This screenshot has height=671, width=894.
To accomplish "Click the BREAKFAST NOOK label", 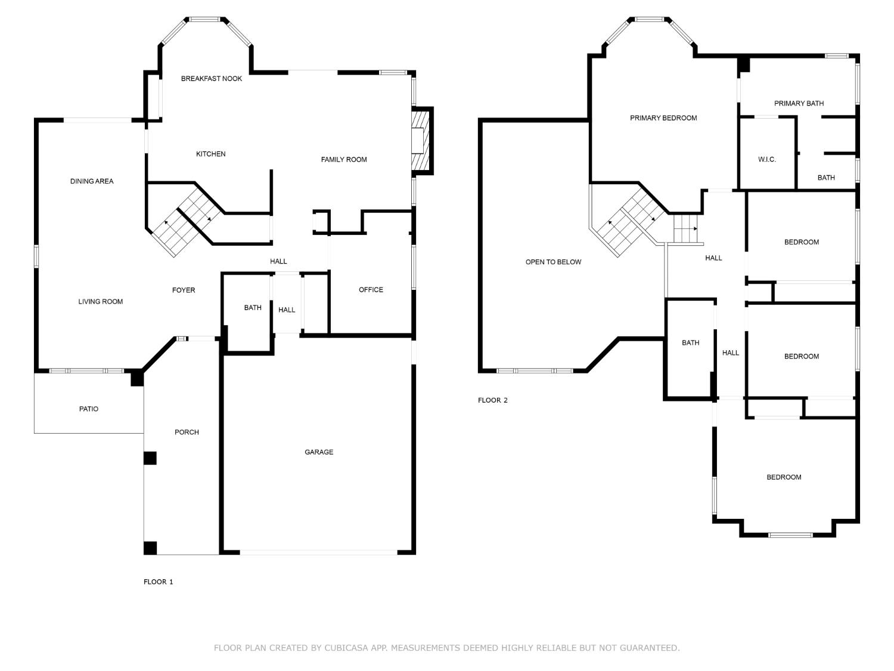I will coord(212,79).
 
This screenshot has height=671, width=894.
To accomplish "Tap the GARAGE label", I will coord(319,452).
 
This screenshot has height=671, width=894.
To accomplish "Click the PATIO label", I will coord(89,409).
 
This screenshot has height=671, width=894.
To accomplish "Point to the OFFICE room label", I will coord(371,290).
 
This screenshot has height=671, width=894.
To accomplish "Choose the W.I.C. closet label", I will coord(767,160).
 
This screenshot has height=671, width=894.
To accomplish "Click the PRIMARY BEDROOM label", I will coord(663,118).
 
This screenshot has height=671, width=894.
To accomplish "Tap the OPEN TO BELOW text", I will coord(553,262).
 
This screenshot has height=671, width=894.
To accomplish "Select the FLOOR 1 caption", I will coord(159,582).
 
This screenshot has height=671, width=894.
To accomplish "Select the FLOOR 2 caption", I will coord(493,400).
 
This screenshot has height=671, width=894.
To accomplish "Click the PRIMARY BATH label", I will coord(799,104).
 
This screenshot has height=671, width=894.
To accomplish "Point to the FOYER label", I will coord(184,290).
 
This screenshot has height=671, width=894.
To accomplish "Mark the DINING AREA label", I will coord(92,181).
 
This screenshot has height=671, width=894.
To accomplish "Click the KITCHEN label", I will coord(211,154).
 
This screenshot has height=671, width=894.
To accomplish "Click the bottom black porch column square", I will coord(150,548).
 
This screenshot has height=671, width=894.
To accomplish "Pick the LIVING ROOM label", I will coord(101,302).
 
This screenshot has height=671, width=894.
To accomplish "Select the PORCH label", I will coord(187,432).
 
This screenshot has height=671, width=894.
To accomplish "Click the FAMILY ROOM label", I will coord(344,160).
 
